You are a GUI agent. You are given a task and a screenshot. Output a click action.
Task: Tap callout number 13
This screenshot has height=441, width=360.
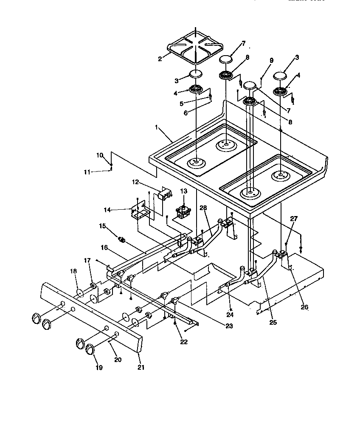pos(183,191)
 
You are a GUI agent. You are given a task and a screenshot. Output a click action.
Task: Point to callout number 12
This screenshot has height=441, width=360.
pos(135,182)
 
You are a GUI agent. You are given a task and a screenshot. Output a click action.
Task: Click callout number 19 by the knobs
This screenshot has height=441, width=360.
pos(99,368)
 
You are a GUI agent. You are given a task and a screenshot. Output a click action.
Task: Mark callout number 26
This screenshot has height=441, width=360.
pos(304,307)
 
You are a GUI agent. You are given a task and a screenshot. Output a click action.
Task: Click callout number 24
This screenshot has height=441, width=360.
pos(230,315)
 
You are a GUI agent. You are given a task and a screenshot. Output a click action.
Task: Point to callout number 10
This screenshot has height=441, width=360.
pos(100,156)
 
